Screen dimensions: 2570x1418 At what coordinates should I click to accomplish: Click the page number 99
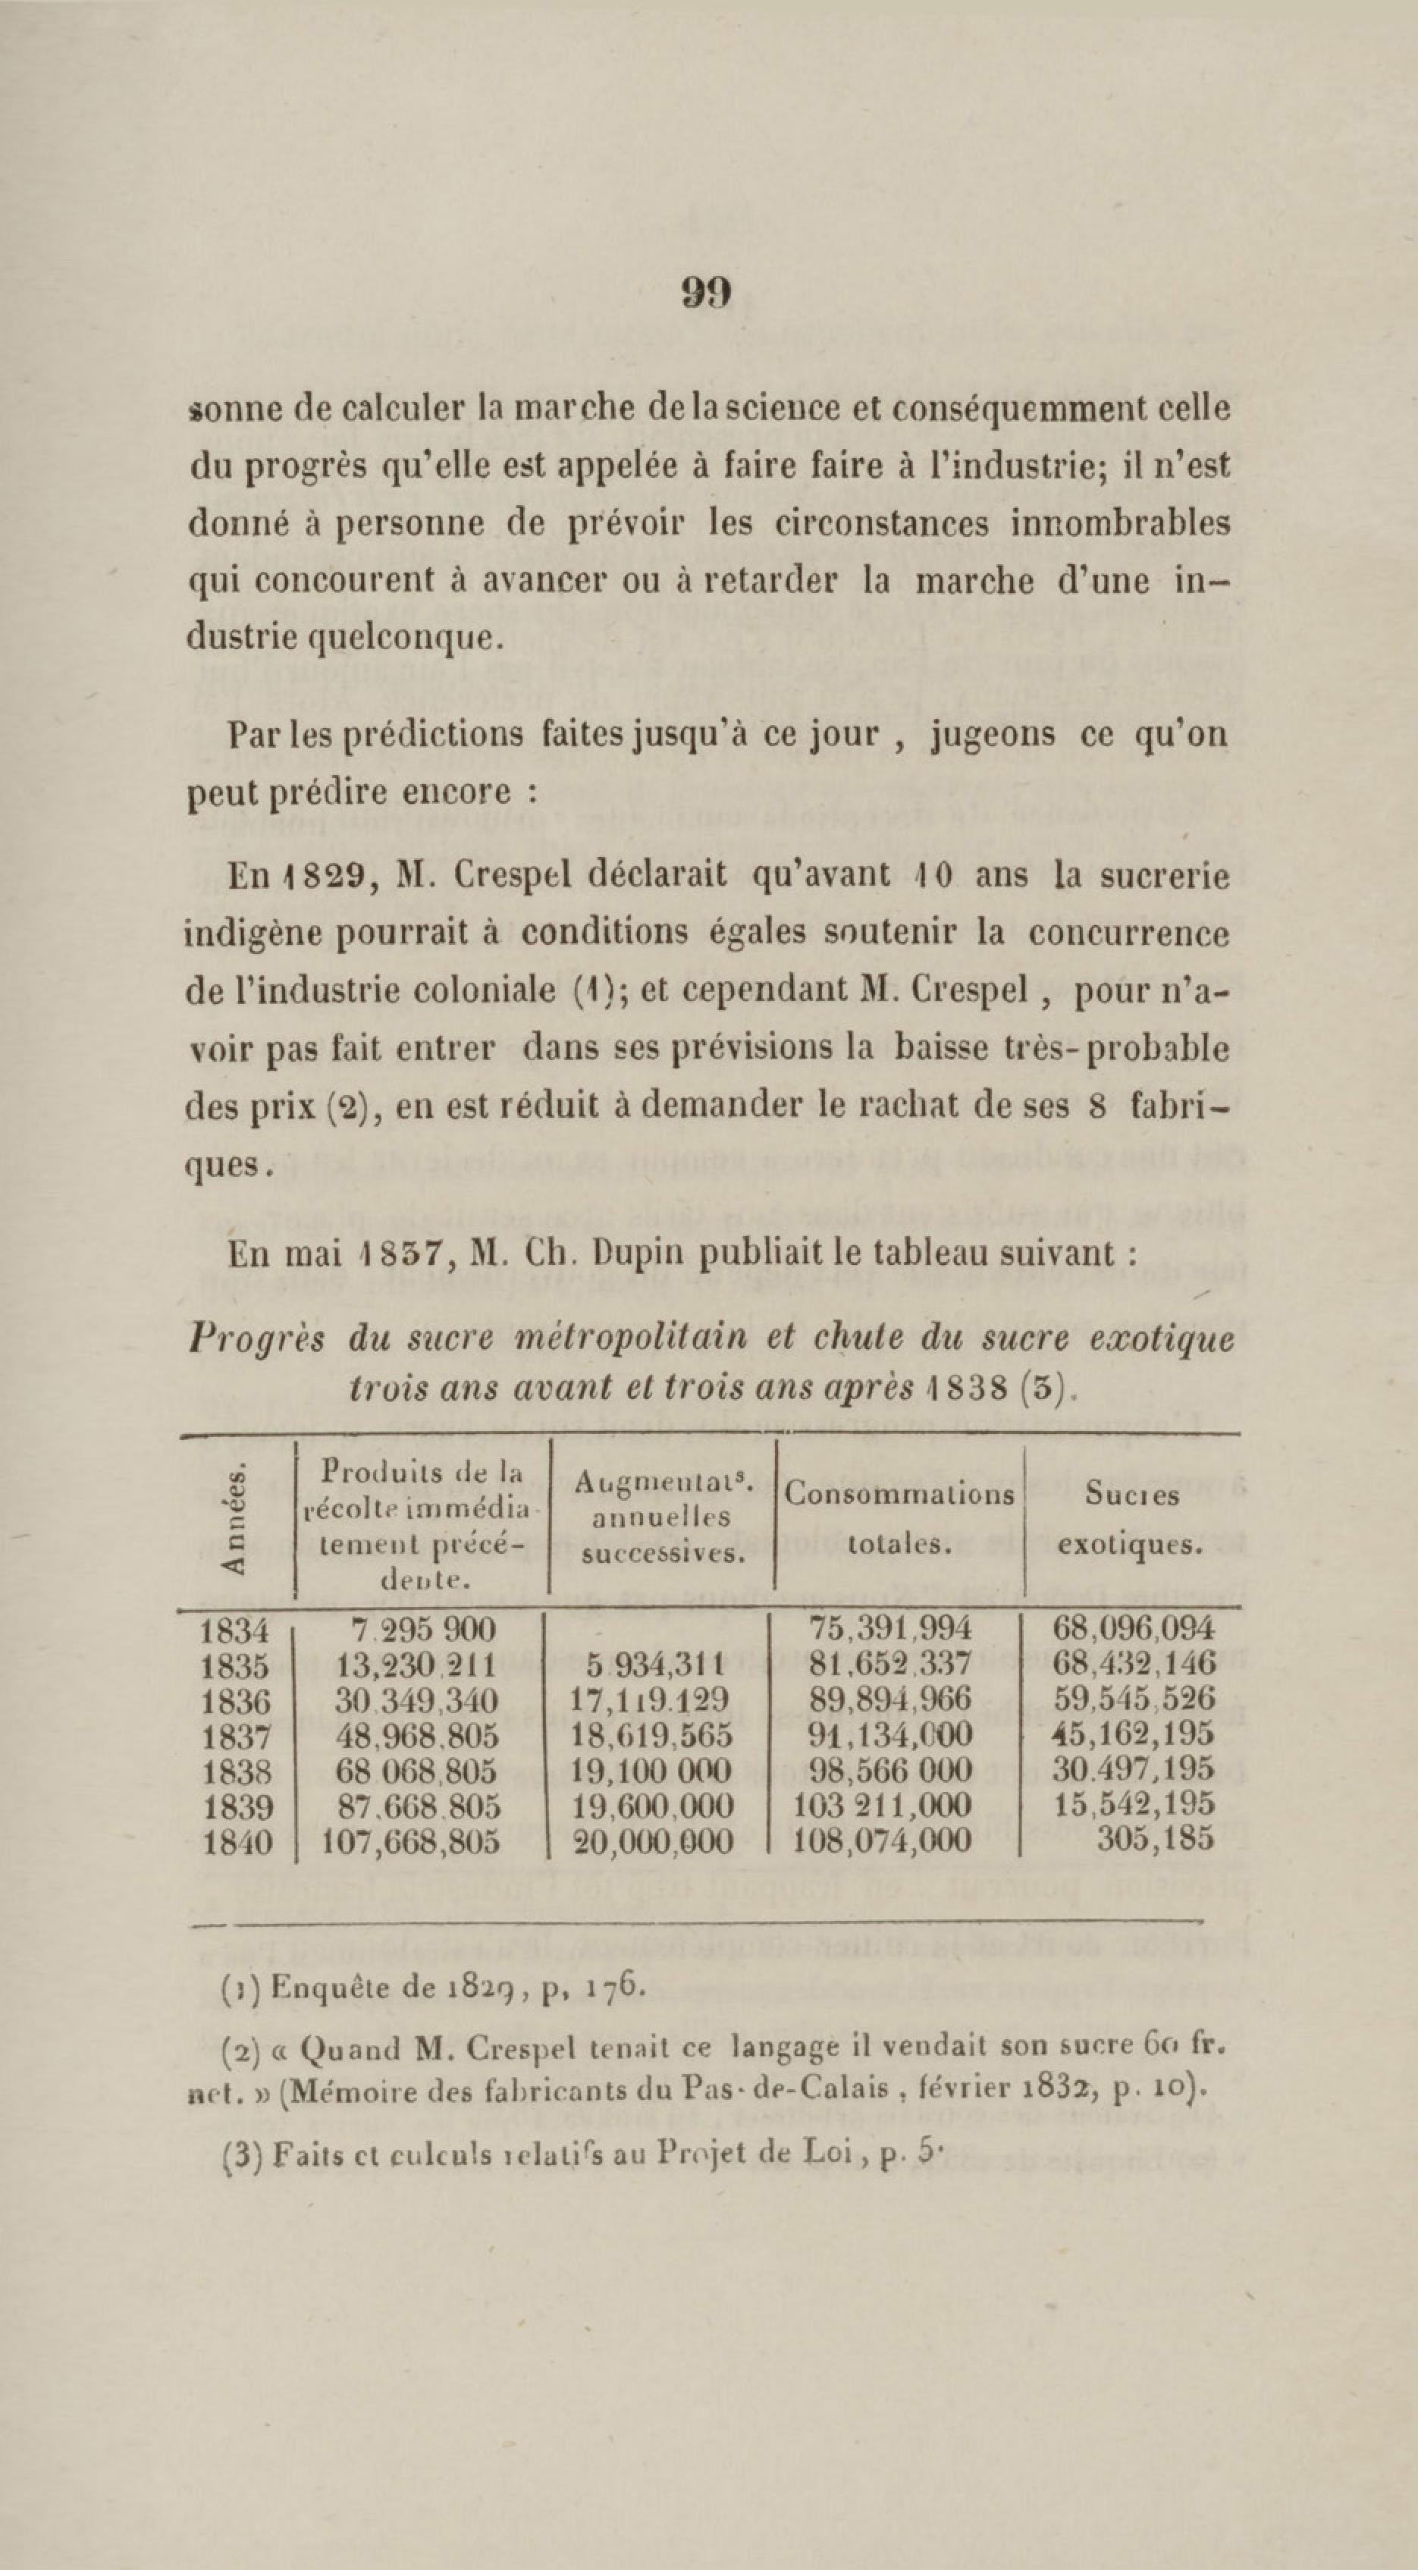click(x=707, y=291)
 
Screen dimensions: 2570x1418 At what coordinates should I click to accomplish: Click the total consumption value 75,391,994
click(x=891, y=1627)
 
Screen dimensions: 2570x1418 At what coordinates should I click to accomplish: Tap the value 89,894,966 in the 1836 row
click(x=892, y=1698)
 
